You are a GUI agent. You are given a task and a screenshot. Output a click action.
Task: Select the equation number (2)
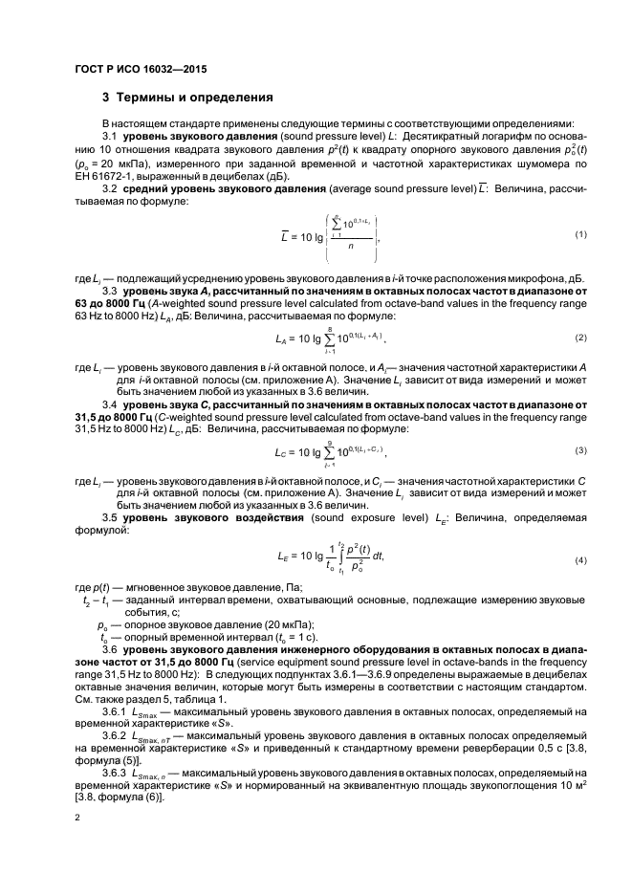[580, 338]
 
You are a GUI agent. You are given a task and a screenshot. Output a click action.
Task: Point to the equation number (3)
[580, 450]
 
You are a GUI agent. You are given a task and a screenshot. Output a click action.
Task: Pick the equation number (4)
[580, 558]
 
